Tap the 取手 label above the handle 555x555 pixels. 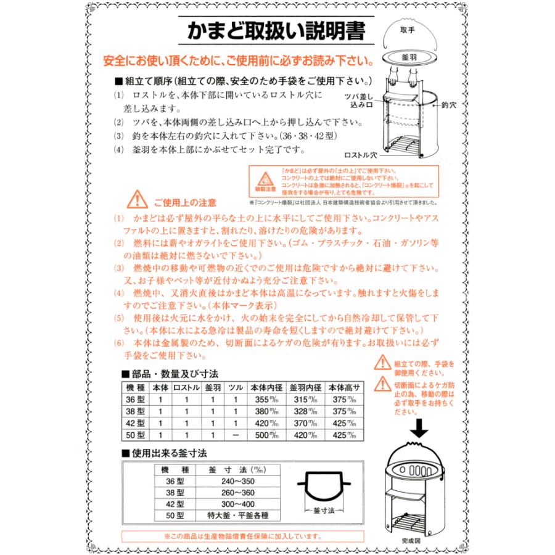[x=406, y=30]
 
